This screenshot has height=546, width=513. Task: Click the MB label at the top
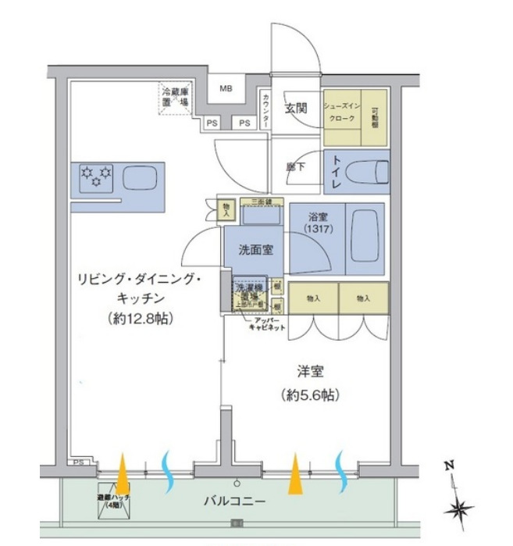coord(226,88)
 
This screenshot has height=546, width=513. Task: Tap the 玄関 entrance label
coord(295,109)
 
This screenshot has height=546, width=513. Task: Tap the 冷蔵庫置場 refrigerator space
coord(176,100)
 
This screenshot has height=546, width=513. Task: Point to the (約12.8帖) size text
coord(141,319)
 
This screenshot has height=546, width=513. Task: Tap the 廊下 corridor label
coord(295,167)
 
